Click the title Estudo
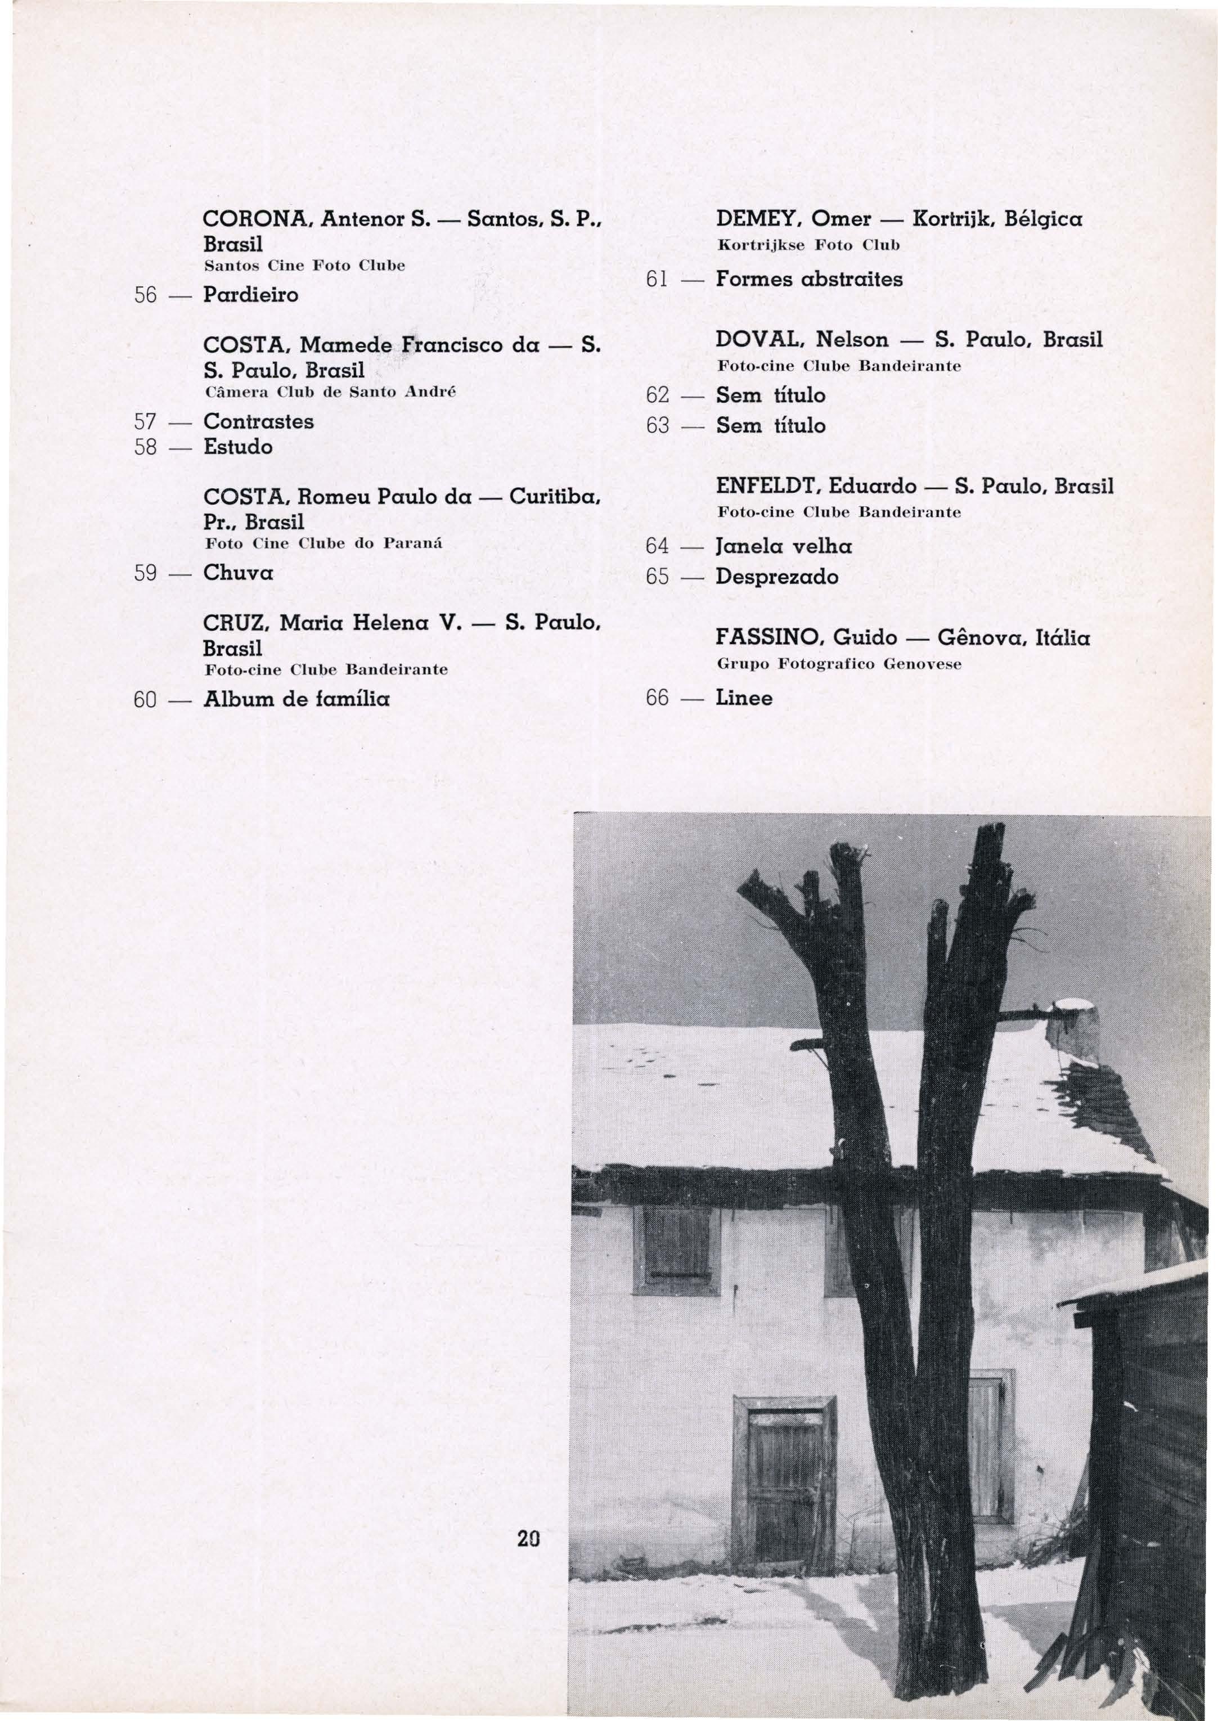pyautogui.click(x=238, y=448)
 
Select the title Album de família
pyautogui.click(x=296, y=700)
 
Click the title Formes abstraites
pyautogui.click(x=809, y=280)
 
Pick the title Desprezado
pyautogui.click(x=777, y=577)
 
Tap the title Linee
pyautogui.click(x=744, y=698)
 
